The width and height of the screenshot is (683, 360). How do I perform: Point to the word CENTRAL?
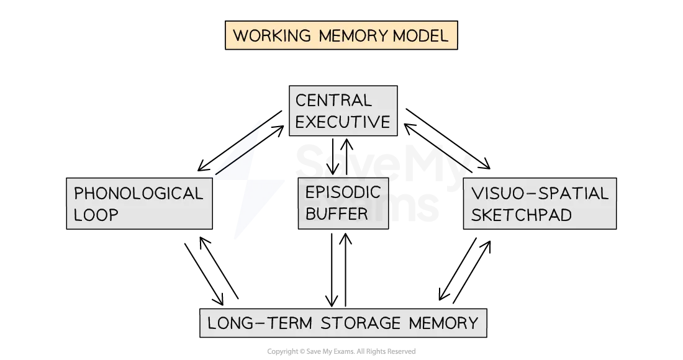tap(333, 101)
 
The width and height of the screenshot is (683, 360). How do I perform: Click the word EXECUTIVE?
tap(343, 122)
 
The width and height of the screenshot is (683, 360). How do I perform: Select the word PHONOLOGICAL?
tap(138, 194)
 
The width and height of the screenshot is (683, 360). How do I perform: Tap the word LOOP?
tap(96, 215)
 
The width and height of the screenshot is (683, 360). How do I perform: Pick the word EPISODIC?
tap(342, 192)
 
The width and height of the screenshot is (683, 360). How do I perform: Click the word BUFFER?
tap(337, 214)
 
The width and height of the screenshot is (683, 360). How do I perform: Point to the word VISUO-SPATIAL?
tap(540, 194)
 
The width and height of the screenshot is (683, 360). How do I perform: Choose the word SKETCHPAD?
tap(522, 215)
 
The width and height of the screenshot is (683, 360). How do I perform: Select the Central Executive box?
tap(343, 111)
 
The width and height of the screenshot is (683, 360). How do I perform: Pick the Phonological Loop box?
tap(139, 204)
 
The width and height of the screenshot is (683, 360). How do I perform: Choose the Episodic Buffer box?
tap(343, 204)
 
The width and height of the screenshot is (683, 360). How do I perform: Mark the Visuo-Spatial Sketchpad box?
tap(539, 204)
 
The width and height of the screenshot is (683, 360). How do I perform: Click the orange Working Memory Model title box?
tap(341, 35)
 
